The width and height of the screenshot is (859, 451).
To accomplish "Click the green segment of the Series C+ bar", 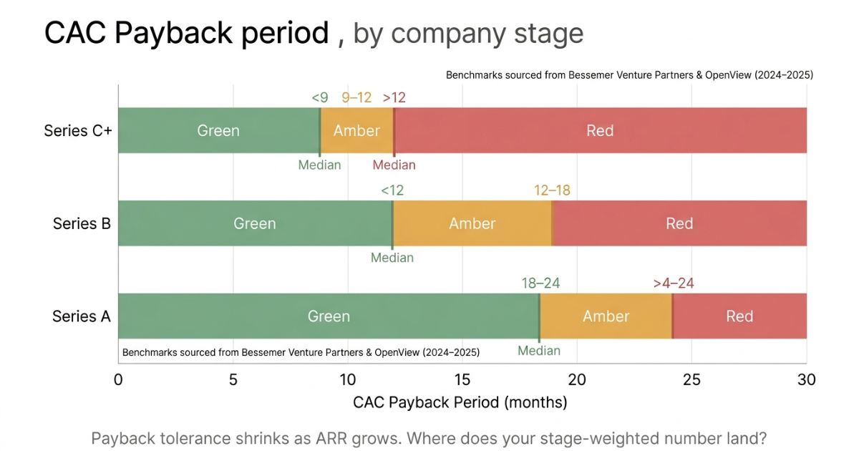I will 218,130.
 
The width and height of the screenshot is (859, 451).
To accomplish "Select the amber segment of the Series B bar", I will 472,223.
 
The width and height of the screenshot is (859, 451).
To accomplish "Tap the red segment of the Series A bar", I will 739,316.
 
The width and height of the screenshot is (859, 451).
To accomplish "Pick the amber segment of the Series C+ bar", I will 356,130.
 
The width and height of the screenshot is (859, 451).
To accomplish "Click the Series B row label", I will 82,223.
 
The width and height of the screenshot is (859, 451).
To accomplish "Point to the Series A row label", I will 82,316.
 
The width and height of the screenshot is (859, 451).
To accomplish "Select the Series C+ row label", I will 78,130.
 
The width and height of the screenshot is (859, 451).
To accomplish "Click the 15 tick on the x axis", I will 462,379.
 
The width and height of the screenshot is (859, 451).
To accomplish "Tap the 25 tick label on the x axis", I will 691,379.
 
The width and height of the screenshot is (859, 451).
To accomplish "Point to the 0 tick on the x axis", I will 118,379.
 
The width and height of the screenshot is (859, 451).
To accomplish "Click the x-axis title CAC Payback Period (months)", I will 460,402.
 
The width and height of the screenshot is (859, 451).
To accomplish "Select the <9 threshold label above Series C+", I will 319,98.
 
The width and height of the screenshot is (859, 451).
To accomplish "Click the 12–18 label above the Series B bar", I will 552,190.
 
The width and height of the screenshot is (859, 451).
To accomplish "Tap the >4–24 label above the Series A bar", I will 673,283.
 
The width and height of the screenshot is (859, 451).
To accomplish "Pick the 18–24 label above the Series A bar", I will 540,283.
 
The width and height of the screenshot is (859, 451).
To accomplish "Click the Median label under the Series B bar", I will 392,258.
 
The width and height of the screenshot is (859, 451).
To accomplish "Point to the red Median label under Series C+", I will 394,165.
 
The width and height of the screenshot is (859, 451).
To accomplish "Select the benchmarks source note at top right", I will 629,74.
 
